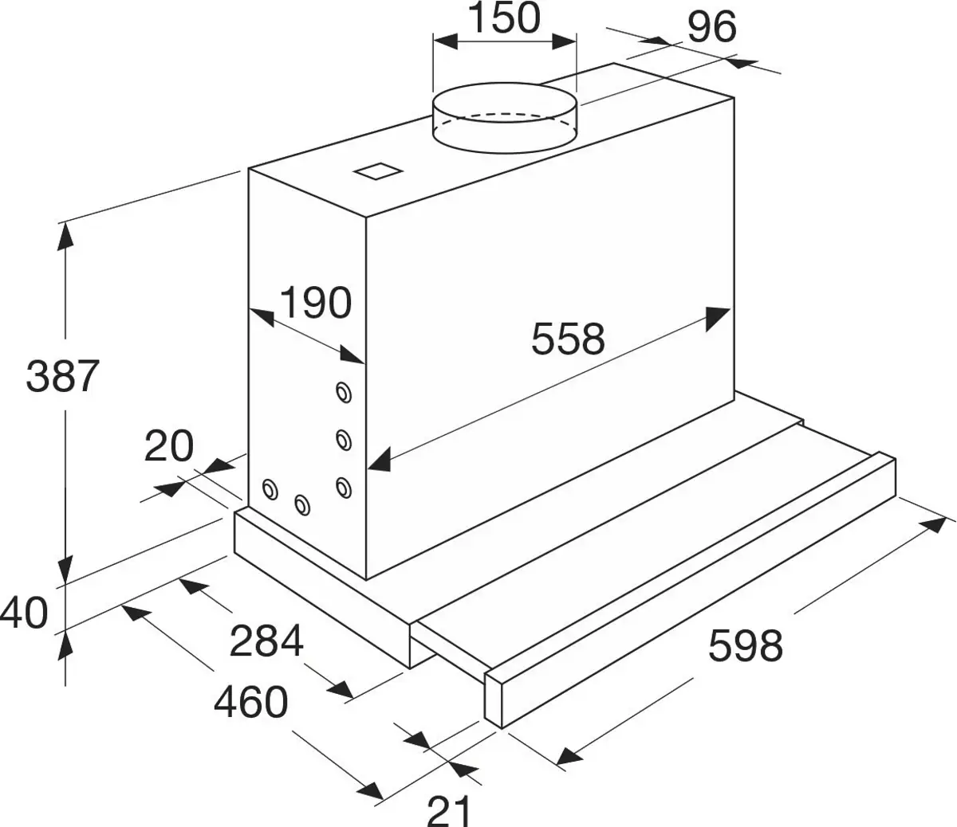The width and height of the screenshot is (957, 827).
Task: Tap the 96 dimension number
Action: click(711, 28)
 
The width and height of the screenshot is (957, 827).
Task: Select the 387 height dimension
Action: click(62, 376)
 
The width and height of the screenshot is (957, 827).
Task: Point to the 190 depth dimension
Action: click(315, 303)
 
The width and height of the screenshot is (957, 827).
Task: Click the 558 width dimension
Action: click(569, 339)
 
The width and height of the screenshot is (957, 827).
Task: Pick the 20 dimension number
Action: click(169, 446)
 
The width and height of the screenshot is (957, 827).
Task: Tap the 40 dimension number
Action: click(24, 613)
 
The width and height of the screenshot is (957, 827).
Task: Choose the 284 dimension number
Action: click(266, 641)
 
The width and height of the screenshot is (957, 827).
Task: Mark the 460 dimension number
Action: click(250, 702)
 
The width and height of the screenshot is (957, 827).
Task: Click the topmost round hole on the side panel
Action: click(344, 392)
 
